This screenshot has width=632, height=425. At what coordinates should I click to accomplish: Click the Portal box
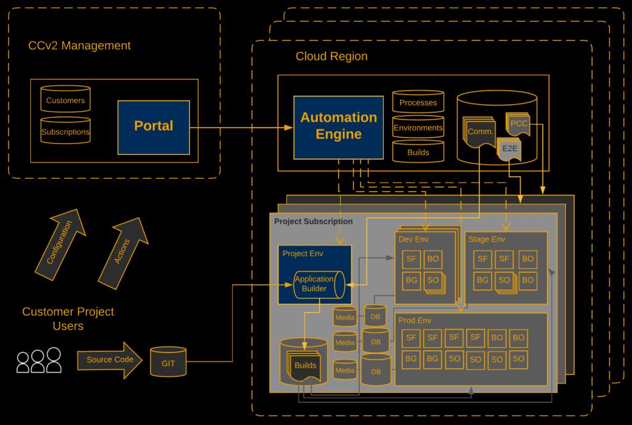(154, 127)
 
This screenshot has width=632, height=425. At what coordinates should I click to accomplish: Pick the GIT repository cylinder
(168, 363)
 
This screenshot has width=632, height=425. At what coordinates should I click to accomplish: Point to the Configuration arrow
(60, 243)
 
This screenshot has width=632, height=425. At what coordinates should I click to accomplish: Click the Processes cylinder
(418, 102)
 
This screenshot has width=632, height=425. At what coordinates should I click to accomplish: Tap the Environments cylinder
(418, 128)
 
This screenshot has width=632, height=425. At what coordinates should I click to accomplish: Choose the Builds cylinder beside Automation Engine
(418, 152)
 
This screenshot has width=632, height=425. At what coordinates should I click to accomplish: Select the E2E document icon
(509, 149)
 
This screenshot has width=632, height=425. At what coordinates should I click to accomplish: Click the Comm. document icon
(480, 132)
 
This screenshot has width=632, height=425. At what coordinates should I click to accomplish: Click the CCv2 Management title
(80, 46)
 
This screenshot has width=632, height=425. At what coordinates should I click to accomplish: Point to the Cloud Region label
(331, 57)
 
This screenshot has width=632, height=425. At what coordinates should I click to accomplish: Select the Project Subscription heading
(314, 221)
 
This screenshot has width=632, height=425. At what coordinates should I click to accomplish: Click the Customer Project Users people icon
(38, 361)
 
